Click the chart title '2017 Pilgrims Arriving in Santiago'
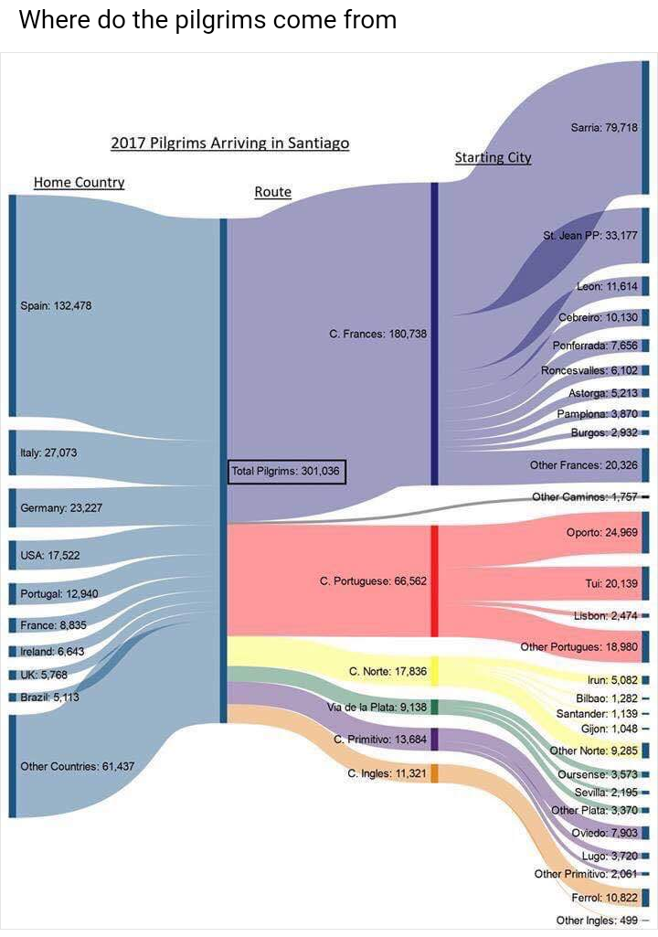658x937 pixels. (230, 144)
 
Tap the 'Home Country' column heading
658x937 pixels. (80, 182)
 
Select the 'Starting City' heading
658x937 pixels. (493, 157)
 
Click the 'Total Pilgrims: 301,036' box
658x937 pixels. (287, 472)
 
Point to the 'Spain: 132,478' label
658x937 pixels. (56, 305)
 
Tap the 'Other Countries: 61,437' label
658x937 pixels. (77, 765)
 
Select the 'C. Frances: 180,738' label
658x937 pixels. (378, 334)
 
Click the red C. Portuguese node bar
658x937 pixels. (435, 580)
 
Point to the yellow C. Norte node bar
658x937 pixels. (435, 671)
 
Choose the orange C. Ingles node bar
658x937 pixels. (435, 773)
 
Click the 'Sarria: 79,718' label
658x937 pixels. (604, 128)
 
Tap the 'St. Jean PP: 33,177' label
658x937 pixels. (590, 235)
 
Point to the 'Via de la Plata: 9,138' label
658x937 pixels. (376, 708)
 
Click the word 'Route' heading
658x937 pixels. (272, 192)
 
